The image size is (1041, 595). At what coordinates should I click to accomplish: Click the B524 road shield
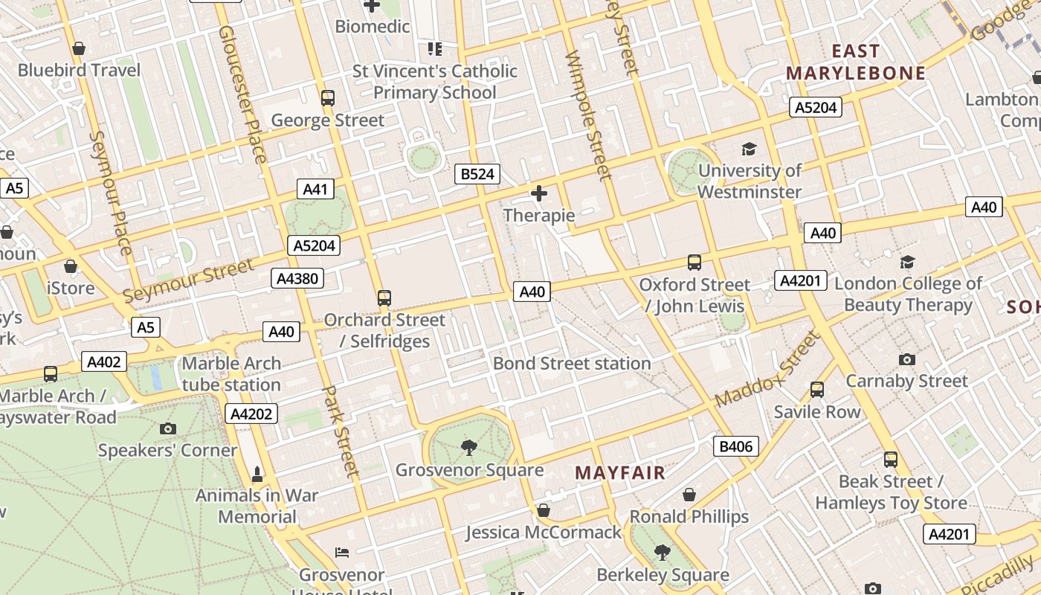pyautogui.click(x=477, y=174)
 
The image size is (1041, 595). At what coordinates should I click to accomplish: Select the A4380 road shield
pyautogui.click(x=297, y=279)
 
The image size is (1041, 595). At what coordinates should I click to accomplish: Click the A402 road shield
pyautogui.click(x=103, y=362)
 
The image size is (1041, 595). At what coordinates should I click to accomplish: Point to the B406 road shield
pyautogui.click(x=736, y=446)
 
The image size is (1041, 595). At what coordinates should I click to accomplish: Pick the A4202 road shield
pyautogui.click(x=251, y=414)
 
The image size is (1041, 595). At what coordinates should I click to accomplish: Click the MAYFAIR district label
pyautogui.click(x=620, y=473)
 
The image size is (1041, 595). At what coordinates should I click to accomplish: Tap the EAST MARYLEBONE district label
pyautogui.click(x=856, y=62)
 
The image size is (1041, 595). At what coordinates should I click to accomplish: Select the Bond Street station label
pyautogui.click(x=572, y=364)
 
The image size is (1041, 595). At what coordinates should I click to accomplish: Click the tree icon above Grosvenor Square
pyautogui.click(x=468, y=447)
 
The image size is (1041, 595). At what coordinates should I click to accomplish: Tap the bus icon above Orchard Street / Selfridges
pyautogui.click(x=384, y=298)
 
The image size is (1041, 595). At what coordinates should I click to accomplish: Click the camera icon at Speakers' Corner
pyautogui.click(x=168, y=428)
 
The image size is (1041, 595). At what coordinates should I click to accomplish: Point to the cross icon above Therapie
pyautogui.click(x=539, y=194)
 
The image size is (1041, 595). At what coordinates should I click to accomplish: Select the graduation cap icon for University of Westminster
pyautogui.click(x=749, y=149)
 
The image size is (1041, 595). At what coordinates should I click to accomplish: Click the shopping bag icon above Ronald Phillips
pyautogui.click(x=689, y=495)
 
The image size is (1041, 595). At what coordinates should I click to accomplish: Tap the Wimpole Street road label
pyautogui.click(x=588, y=116)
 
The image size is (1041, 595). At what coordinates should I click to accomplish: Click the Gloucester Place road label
pyautogui.click(x=242, y=94)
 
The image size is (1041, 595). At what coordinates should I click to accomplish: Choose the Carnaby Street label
pyautogui.click(x=906, y=382)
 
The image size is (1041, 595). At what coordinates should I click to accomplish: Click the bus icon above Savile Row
pyautogui.click(x=816, y=390)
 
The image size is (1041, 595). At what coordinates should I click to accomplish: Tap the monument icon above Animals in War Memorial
pyautogui.click(x=257, y=474)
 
